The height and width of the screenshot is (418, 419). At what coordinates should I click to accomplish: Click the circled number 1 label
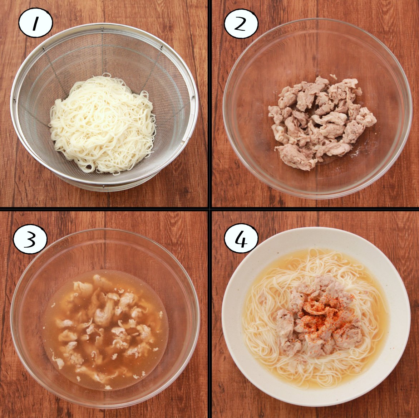35,23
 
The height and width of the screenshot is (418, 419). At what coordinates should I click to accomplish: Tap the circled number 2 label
241,24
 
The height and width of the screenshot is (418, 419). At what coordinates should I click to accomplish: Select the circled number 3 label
30,239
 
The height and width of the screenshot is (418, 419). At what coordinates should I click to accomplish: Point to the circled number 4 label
241,238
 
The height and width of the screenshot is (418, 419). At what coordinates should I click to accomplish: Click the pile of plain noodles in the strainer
103,123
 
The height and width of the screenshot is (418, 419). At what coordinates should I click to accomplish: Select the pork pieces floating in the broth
107,326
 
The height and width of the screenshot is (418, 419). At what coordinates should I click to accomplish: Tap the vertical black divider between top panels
210,103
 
